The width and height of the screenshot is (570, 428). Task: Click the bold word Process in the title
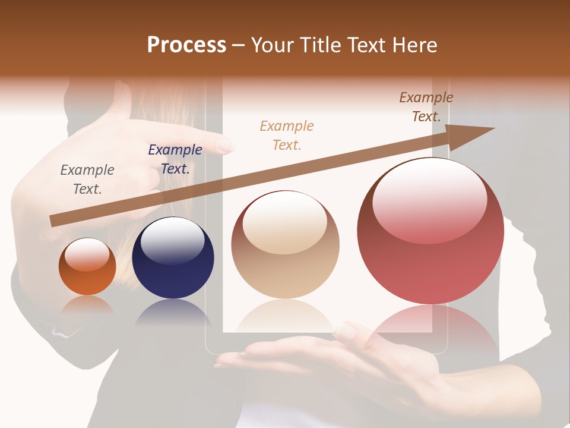pos(186,45)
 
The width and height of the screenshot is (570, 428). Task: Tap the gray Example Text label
pos(87,180)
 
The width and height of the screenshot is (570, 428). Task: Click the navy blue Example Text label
pos(175,159)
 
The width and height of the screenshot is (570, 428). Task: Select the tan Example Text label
pos(286,135)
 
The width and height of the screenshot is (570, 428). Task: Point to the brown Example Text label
pos(426,107)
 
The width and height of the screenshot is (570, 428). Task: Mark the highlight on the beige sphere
pos(284,223)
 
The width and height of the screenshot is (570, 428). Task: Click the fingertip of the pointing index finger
pos(226,144)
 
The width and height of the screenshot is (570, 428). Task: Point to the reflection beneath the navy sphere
pos(172,312)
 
